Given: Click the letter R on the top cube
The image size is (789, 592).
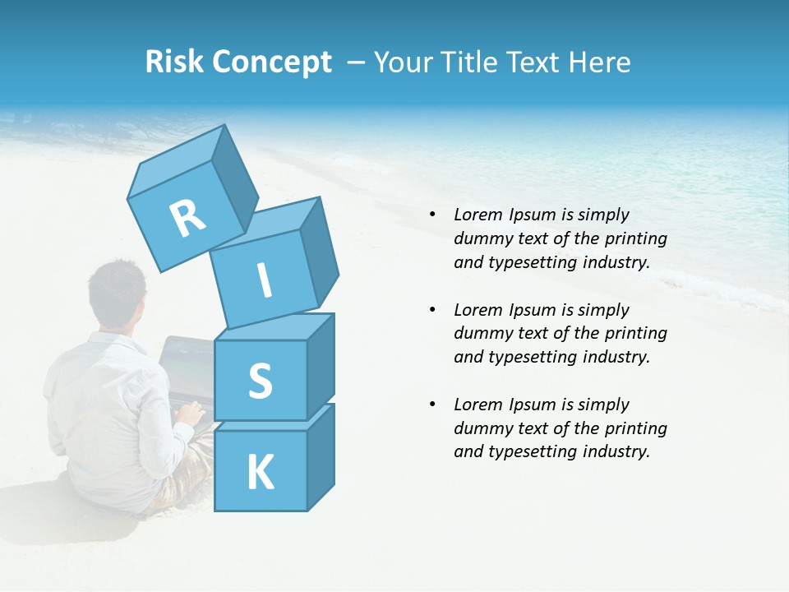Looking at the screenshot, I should (x=187, y=218).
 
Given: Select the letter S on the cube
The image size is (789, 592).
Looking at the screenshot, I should (x=260, y=381).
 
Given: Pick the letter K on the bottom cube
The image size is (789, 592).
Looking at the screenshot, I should (x=261, y=472).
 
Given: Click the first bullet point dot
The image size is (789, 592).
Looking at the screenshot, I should (x=431, y=215).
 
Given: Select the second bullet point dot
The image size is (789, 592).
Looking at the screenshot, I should (x=431, y=310).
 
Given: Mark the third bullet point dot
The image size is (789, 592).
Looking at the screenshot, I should (x=431, y=405).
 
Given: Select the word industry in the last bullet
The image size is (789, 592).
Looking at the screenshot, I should (x=616, y=451).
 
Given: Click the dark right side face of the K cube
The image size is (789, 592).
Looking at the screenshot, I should (x=321, y=456).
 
